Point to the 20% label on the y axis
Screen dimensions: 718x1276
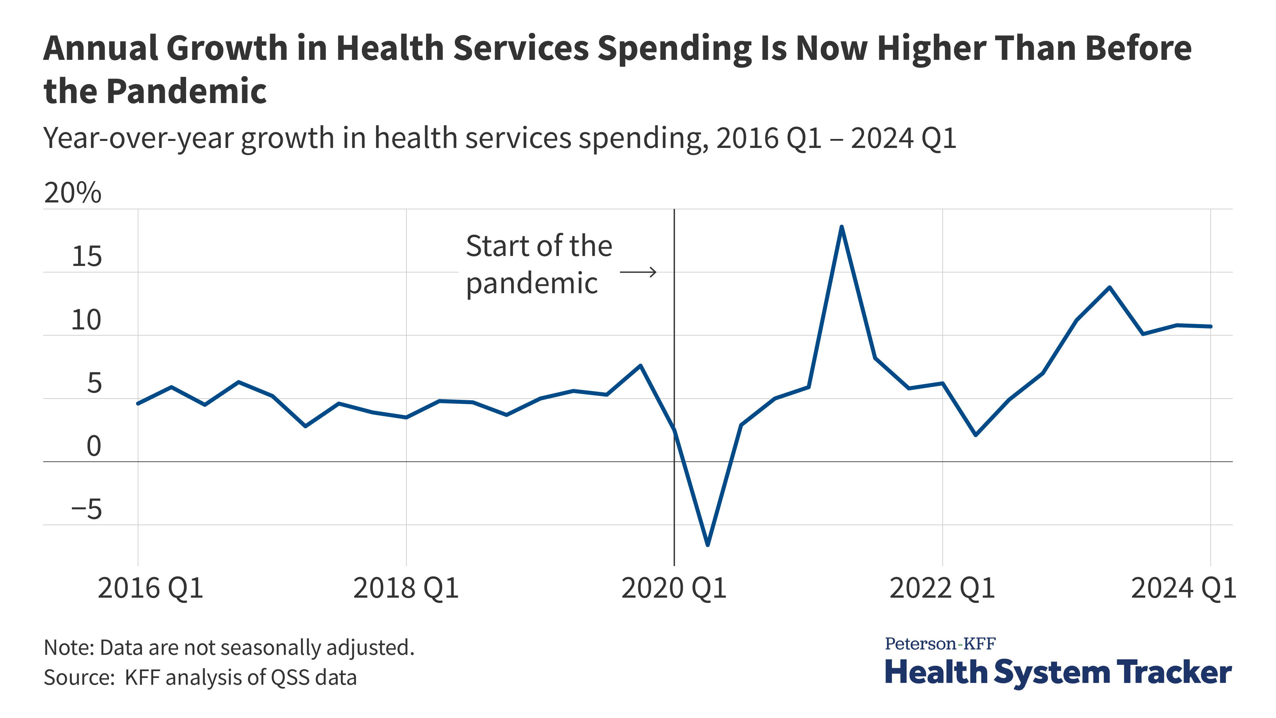(x=72, y=193)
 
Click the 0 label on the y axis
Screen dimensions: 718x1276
(x=94, y=446)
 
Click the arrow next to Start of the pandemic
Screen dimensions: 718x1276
(x=638, y=272)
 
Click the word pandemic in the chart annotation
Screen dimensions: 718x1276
(x=532, y=284)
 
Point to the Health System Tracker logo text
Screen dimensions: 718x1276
(x=1058, y=672)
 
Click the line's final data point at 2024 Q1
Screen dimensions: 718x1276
(x=1211, y=326)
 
